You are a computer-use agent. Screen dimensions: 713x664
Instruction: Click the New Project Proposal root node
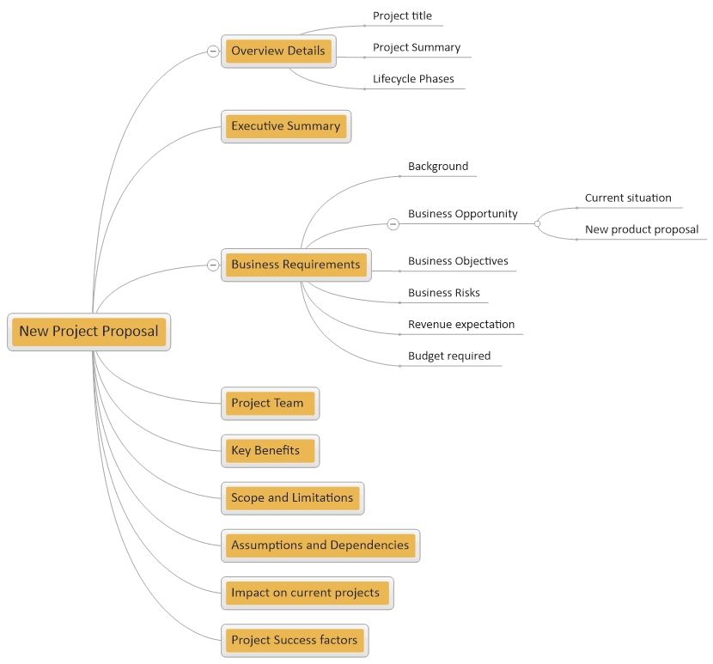point(89,332)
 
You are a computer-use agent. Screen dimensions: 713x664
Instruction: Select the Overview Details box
point(278,51)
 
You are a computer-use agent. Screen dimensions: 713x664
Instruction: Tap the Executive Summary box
point(286,126)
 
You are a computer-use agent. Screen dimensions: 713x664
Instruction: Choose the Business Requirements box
point(296,265)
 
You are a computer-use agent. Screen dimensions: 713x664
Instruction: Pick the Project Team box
point(270,404)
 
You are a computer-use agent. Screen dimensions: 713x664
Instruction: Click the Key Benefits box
point(270,451)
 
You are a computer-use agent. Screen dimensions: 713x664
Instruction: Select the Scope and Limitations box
point(292,498)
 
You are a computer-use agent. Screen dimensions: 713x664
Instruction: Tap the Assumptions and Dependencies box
point(320,545)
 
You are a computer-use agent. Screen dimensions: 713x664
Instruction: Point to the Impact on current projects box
point(307,593)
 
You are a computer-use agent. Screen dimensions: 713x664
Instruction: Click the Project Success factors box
point(295,640)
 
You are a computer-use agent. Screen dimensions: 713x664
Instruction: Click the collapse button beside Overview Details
point(213,51)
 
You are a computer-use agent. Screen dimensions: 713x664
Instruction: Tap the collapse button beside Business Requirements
point(213,265)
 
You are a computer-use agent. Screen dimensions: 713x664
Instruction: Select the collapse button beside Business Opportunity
point(393,223)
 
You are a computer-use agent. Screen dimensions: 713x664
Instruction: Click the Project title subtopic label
point(402,16)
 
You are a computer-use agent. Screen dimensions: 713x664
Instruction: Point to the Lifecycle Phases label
point(413,79)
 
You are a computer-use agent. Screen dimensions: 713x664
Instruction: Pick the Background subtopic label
point(438,167)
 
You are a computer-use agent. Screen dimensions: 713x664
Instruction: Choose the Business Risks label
point(444,293)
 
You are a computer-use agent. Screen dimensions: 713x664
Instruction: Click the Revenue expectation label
point(461,324)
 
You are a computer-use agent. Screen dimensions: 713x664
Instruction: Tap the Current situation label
point(628,198)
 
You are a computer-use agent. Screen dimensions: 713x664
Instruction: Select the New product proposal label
point(642,229)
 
